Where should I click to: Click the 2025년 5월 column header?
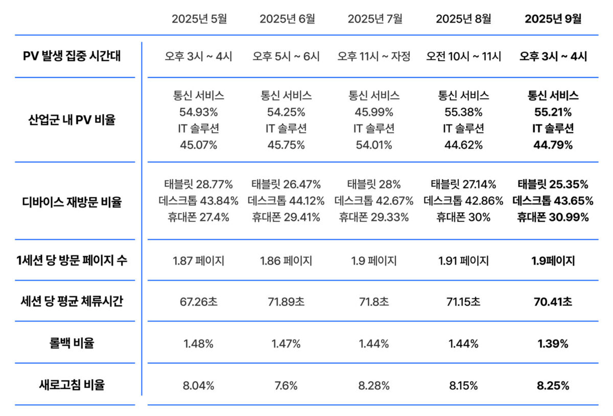click(x=199, y=19)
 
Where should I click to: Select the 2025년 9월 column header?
click(x=553, y=19)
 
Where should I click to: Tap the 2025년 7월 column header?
click(x=375, y=19)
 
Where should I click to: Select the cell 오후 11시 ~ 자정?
click(x=374, y=56)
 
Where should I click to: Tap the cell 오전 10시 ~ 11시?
click(x=464, y=56)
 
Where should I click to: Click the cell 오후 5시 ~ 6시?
click(x=286, y=56)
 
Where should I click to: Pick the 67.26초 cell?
click(x=199, y=302)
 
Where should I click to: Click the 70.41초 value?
click(x=553, y=302)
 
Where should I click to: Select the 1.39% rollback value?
click(x=553, y=343)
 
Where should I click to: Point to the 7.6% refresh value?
click(x=286, y=385)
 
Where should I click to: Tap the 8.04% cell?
click(x=199, y=385)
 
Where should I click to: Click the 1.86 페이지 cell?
click(x=286, y=261)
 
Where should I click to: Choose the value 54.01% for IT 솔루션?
click(x=374, y=145)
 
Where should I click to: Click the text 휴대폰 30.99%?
click(x=553, y=217)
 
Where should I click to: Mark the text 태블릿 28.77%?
click(x=199, y=184)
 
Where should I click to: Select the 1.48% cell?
click(x=199, y=343)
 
